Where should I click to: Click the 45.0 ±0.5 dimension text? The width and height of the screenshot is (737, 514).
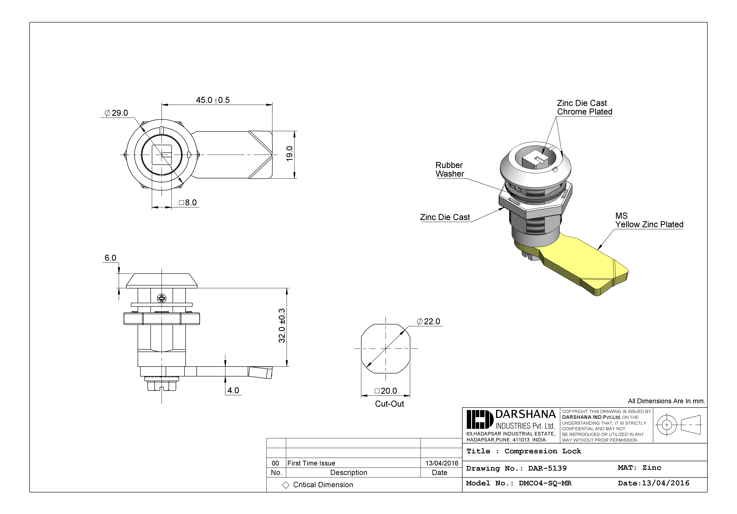pyautogui.click(x=213, y=100)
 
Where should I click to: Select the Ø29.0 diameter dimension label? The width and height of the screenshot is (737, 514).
pyautogui.click(x=116, y=113)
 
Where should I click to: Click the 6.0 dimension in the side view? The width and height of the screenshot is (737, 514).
pyautogui.click(x=110, y=258)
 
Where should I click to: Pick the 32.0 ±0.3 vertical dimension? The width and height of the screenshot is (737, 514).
pyautogui.click(x=281, y=325)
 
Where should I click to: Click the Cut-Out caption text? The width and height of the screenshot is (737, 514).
pyautogui.click(x=389, y=404)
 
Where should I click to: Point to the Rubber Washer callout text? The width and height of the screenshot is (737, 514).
pyautogui.click(x=449, y=170)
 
